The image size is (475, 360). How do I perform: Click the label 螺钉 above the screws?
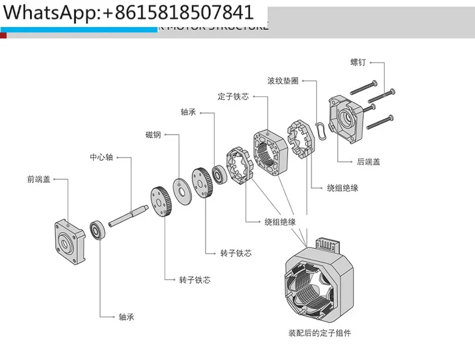click(358, 62)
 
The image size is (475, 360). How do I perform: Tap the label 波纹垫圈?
click(283, 81)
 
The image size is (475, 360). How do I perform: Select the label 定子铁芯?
click(233, 96)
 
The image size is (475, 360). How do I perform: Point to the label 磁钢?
click(153, 134)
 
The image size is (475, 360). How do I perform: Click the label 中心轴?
click(101, 157)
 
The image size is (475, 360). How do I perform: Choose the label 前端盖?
click(38, 178)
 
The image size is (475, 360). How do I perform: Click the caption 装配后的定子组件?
click(319, 332)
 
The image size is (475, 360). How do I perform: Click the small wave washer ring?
click(322, 128)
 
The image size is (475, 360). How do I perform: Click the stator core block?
click(268, 151)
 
